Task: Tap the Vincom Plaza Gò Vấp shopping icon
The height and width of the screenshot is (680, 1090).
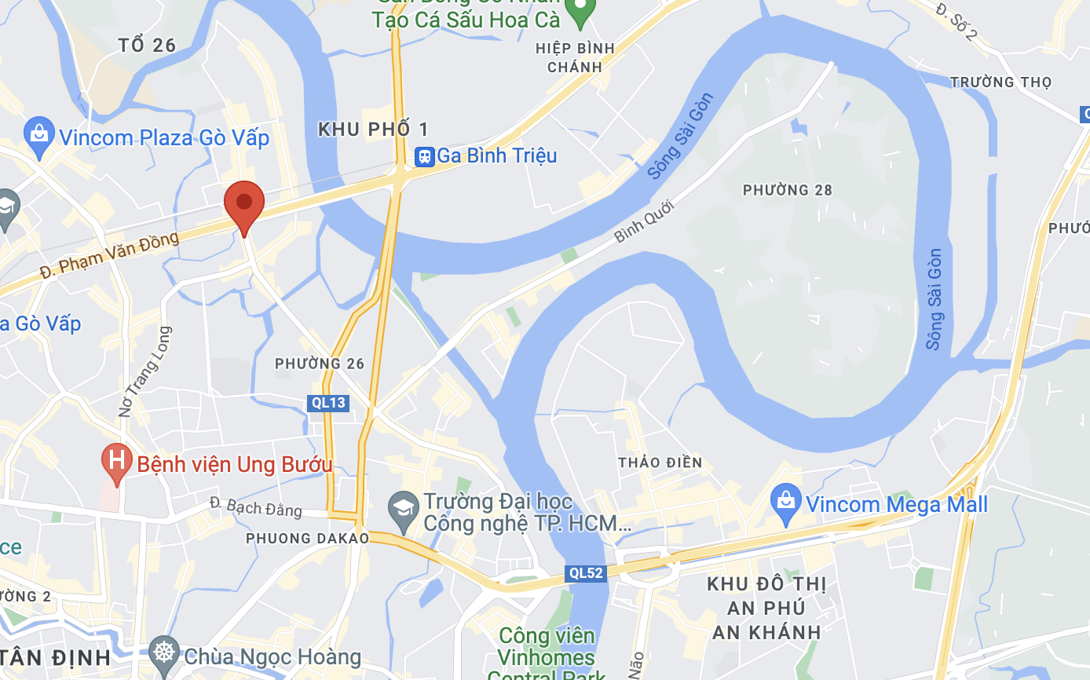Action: coord(39,134)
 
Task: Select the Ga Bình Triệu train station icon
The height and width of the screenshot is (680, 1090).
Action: coord(425,155)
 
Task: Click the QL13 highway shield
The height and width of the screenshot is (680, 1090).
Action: coord(328,403)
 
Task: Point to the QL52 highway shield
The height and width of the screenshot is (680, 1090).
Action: coord(586,573)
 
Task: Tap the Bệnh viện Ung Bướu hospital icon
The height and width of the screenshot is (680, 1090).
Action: coord(117,461)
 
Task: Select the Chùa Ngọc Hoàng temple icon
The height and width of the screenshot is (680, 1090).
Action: coord(164,653)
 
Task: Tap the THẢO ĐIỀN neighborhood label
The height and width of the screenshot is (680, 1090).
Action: coord(660,462)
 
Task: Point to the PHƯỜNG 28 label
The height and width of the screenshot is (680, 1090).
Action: coord(787,190)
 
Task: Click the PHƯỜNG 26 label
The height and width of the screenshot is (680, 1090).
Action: coord(320,364)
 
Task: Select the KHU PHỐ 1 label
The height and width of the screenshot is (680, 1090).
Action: coord(374,130)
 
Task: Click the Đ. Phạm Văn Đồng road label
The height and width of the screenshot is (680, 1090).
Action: coord(109,254)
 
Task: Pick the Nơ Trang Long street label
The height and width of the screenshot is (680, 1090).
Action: coord(143,372)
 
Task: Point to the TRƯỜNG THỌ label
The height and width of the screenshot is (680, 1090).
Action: coord(1000,82)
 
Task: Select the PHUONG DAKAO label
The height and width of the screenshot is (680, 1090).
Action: coord(307,538)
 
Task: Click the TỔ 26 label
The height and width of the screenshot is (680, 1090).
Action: coord(147,46)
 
